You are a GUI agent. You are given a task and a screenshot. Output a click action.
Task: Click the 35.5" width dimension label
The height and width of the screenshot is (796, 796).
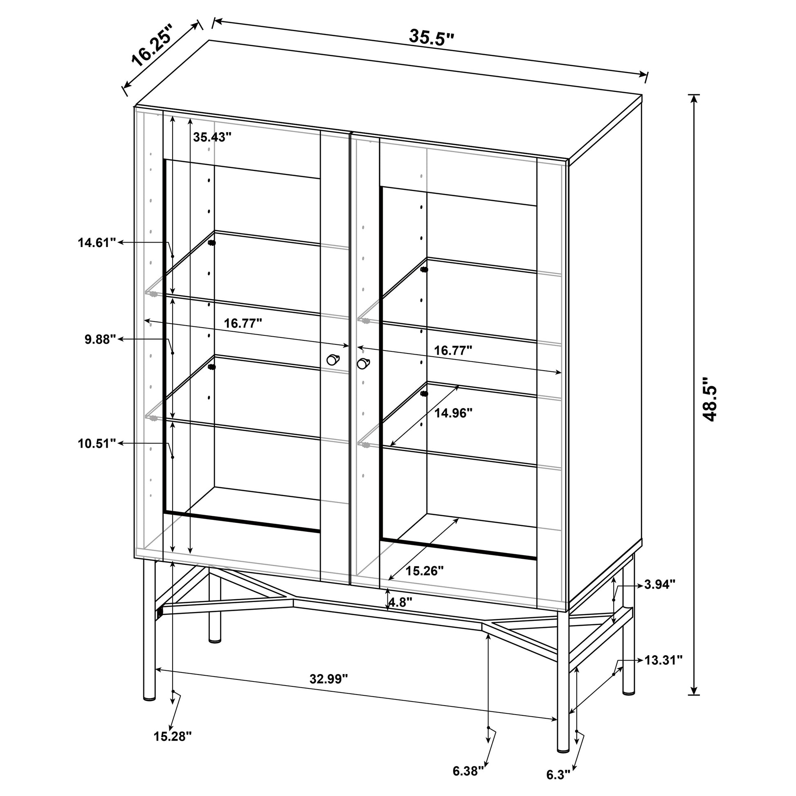point(432,37)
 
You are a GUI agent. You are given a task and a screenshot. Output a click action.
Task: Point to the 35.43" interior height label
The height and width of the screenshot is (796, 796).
point(212,137)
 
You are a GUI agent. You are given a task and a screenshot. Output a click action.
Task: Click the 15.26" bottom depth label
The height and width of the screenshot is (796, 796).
point(425,571)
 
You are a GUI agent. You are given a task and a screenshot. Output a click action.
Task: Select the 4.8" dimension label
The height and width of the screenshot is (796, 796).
point(400,603)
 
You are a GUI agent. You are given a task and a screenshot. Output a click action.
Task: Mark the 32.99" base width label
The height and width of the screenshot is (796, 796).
point(329,679)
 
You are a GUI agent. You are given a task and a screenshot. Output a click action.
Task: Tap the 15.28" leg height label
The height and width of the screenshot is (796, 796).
point(173,736)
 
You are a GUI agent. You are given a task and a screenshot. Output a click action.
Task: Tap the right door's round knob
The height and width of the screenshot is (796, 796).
point(363,363)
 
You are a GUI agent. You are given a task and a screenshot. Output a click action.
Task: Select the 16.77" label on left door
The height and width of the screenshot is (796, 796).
point(243,324)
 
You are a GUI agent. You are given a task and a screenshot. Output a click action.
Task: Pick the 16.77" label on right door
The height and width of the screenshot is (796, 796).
point(453,351)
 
